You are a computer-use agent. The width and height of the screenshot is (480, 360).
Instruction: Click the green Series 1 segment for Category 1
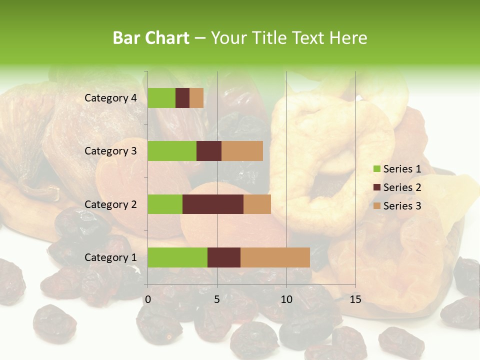pyautogui.click(x=177, y=257)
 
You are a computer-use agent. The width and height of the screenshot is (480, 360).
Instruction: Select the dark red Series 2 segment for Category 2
pyautogui.click(x=213, y=204)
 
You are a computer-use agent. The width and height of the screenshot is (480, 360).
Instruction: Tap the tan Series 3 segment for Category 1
pyautogui.click(x=275, y=257)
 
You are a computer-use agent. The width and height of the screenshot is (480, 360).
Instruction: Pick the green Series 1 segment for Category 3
pyautogui.click(x=172, y=151)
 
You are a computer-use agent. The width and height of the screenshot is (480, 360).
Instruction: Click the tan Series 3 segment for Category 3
pyautogui.click(x=242, y=151)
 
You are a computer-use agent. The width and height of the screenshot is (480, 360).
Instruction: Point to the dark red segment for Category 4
pyautogui.click(x=182, y=98)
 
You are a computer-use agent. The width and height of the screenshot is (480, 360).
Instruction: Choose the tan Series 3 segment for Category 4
pyautogui.click(x=196, y=98)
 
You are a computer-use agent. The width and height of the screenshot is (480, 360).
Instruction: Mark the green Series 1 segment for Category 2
pyautogui.click(x=165, y=204)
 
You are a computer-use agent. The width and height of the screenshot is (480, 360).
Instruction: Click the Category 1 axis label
pyautogui.click(x=110, y=257)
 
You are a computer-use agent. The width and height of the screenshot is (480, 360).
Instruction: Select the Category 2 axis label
pyautogui.click(x=110, y=204)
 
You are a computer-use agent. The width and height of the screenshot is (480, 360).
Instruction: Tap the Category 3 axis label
pyautogui.click(x=110, y=151)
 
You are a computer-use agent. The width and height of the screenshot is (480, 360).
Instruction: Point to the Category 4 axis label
pyautogui.click(x=110, y=98)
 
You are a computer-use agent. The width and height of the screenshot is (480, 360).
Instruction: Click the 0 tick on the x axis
pyautogui.click(x=148, y=299)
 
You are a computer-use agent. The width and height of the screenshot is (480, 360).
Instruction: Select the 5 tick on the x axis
pyautogui.click(x=217, y=299)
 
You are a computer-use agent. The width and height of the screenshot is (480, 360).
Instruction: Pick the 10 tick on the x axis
pyautogui.click(x=286, y=299)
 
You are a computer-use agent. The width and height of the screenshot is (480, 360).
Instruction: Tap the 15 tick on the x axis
pyautogui.click(x=355, y=299)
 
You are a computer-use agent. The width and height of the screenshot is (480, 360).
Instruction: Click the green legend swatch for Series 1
pyautogui.click(x=377, y=169)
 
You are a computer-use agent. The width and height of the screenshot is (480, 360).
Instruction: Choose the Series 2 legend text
pyautogui.click(x=402, y=187)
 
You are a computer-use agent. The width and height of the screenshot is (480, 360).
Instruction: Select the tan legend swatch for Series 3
pyautogui.click(x=377, y=206)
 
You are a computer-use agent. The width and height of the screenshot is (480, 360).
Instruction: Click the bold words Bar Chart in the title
pyautogui.click(x=150, y=38)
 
